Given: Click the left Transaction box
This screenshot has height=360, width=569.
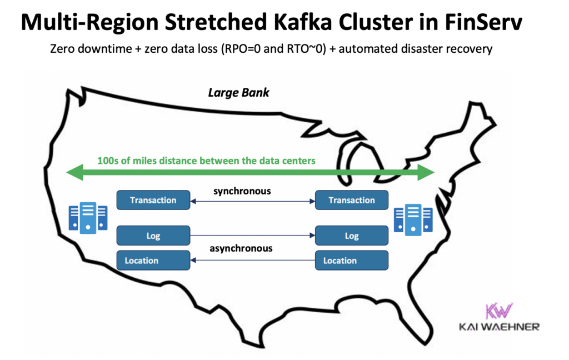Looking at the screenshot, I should coord(153,200).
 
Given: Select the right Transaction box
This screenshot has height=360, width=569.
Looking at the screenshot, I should coord(352,200).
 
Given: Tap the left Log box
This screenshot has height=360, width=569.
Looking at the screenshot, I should coord(153,236).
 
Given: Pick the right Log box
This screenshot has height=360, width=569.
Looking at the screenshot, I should coord(352,236).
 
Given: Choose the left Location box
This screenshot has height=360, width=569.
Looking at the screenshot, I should coord(153,261).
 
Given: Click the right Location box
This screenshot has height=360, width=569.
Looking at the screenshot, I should coord(352,261).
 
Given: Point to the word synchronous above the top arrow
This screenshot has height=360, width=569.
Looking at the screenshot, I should coord(242,191).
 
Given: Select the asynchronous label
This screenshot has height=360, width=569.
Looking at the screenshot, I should coord(241,248).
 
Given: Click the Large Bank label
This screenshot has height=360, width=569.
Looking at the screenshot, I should coord(238,93).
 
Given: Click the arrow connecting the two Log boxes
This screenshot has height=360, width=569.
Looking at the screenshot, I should coord(253,236).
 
